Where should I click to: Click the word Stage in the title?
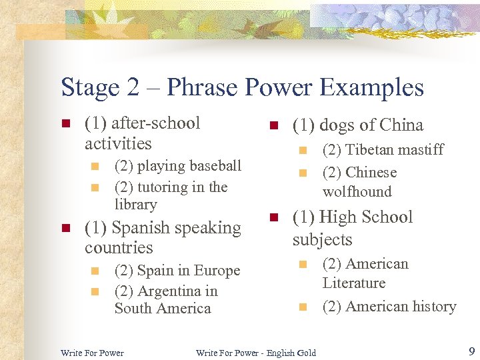coord(91,88)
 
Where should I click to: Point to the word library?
coord(135,205)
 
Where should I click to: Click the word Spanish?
coord(139,228)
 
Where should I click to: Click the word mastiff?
coord(421,150)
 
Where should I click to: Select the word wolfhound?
coord(357,192)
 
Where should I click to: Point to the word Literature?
coord(353,283)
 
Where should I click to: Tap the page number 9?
coord(471,351)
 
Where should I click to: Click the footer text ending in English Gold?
coord(256,353)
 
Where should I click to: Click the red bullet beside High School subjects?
coord(273,217)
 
